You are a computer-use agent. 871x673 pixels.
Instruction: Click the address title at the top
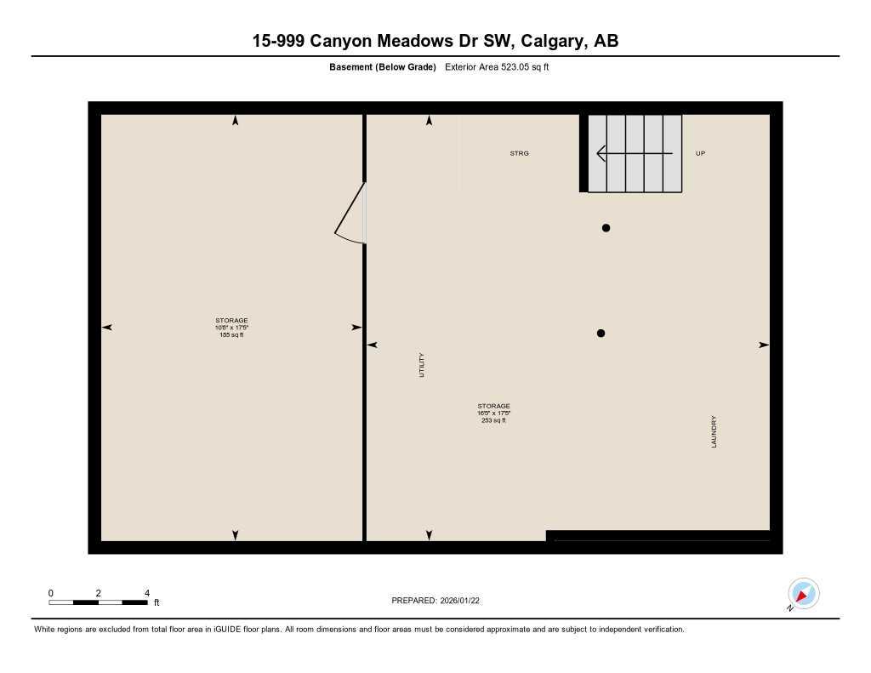(435, 41)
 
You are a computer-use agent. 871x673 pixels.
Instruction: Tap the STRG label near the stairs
(519, 153)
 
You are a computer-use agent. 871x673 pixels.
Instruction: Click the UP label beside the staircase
(700, 153)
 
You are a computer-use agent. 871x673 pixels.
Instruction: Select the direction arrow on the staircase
(634, 153)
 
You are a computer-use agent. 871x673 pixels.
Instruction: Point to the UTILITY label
(422, 365)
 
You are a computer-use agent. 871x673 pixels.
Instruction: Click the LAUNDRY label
(714, 432)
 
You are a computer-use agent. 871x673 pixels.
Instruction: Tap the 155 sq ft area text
(231, 335)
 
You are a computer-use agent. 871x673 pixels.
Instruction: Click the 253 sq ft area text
(493, 421)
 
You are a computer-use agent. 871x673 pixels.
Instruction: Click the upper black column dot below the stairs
(606, 228)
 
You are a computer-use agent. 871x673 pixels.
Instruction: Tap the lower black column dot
(601, 334)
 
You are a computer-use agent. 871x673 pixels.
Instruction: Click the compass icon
(803, 593)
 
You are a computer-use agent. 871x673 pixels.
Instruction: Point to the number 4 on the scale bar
(147, 593)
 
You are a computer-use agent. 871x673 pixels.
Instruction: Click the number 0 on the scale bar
(51, 593)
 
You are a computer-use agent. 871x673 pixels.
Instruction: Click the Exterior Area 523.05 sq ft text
(497, 67)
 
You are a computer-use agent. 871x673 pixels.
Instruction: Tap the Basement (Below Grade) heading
(382, 67)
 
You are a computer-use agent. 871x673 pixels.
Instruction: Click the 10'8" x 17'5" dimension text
(231, 328)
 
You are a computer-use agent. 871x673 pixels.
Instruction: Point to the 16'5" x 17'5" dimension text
(493, 413)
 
